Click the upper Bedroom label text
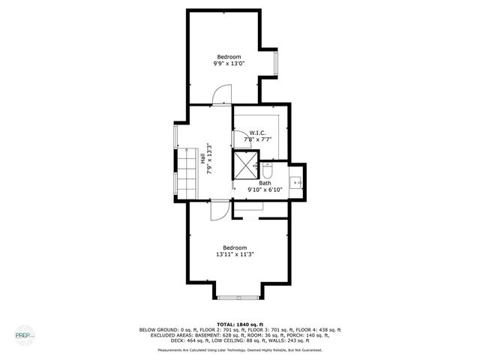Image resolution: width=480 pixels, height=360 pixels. coord(229,57)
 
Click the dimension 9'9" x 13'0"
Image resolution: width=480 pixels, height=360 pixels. coord(229,64)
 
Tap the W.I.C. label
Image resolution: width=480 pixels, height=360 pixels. coord(258,132)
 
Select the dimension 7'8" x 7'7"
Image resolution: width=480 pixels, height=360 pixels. coord(257,139)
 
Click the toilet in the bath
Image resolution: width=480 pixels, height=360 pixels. coord(266,166)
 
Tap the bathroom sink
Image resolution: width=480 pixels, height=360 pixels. coord(296,181)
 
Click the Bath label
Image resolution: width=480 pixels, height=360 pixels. coord(265,183)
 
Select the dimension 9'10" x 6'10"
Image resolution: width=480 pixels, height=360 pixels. coord(263,190)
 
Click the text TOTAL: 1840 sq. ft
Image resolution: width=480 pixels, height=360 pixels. coord(239,323)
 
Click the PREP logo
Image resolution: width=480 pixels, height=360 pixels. coord(25,334)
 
